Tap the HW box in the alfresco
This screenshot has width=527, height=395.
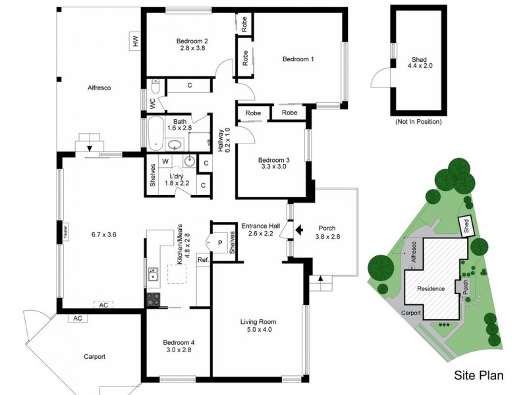(136, 41)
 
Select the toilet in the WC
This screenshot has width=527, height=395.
(156, 87)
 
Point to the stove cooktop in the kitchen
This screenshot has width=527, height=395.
(153, 300)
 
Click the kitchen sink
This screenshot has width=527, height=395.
(153, 273)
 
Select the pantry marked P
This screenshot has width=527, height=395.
(219, 242)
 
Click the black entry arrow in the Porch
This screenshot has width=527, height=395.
(298, 230)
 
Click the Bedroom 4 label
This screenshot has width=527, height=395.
(179, 342)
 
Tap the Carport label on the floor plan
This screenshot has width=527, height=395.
(94, 357)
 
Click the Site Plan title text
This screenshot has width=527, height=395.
(479, 376)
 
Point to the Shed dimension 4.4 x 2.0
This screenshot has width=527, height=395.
(418, 66)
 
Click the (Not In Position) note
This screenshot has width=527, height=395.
(418, 122)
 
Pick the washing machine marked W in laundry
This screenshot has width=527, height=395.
(165, 161)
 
